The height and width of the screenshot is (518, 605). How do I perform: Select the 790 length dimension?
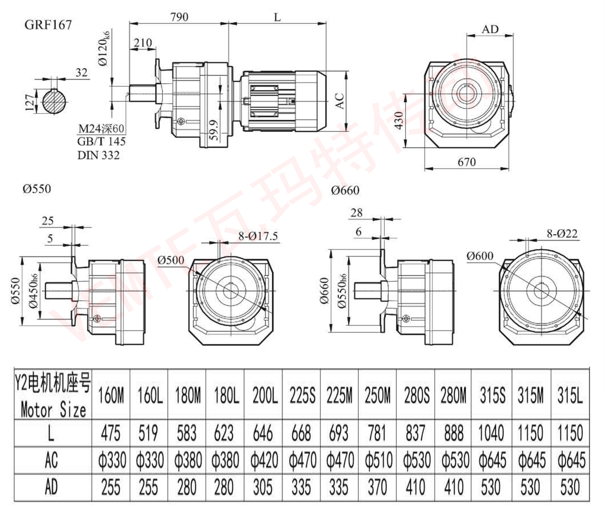pos(179,17)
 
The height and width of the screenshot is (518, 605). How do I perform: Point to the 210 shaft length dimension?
pos(143,43)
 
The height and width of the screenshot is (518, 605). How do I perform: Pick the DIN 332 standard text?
pos(98,155)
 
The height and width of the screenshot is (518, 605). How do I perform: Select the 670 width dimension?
pos(466,162)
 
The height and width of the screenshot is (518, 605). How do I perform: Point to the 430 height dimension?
pos(399,120)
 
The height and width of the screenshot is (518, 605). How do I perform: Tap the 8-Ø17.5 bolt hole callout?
pos(258,236)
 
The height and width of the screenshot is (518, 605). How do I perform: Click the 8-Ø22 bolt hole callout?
pos(562,234)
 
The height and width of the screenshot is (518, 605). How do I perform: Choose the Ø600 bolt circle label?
pos(480,256)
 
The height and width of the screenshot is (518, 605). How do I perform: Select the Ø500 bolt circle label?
pos(171,260)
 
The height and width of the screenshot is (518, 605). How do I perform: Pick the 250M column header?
pos(377,396)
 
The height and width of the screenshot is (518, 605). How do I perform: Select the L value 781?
pos(377,433)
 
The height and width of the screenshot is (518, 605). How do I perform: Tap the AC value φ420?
pos(264,460)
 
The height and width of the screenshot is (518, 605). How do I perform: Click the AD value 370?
pos(377,487)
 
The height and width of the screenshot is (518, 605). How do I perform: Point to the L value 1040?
pos(491,433)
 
